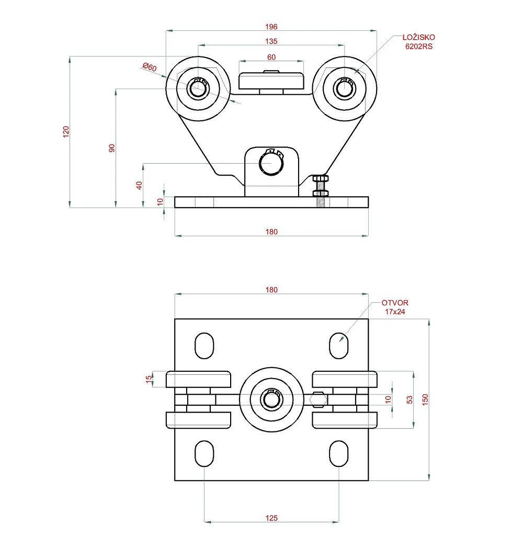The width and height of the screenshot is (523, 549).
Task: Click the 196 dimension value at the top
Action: (271, 27)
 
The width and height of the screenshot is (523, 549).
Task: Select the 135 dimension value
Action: (271, 41)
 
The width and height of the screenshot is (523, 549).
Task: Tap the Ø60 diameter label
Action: (150, 67)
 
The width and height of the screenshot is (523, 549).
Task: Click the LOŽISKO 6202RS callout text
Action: (418, 42)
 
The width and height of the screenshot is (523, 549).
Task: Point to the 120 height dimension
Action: (66, 132)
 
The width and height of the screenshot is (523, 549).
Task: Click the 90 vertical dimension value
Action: (111, 148)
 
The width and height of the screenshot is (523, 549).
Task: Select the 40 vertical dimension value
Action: (139, 185)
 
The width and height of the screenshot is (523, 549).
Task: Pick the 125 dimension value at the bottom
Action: (271, 518)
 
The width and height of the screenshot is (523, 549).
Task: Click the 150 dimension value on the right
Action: (425, 399)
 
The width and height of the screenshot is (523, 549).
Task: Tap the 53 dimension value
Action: (410, 399)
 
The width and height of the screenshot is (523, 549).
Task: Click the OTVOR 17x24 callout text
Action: (395, 307)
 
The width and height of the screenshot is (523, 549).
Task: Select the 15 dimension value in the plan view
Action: (149, 379)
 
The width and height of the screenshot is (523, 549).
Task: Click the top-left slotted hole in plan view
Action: (204, 346)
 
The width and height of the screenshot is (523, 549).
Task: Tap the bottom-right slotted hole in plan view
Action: (339, 453)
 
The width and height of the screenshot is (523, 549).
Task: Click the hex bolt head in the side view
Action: (321, 179)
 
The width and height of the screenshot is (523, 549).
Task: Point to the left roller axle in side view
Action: (198, 88)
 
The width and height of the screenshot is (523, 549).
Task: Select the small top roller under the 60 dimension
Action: (271, 81)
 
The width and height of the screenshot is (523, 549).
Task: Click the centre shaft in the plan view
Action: (271, 399)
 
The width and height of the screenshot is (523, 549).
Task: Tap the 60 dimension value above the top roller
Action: (271, 57)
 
